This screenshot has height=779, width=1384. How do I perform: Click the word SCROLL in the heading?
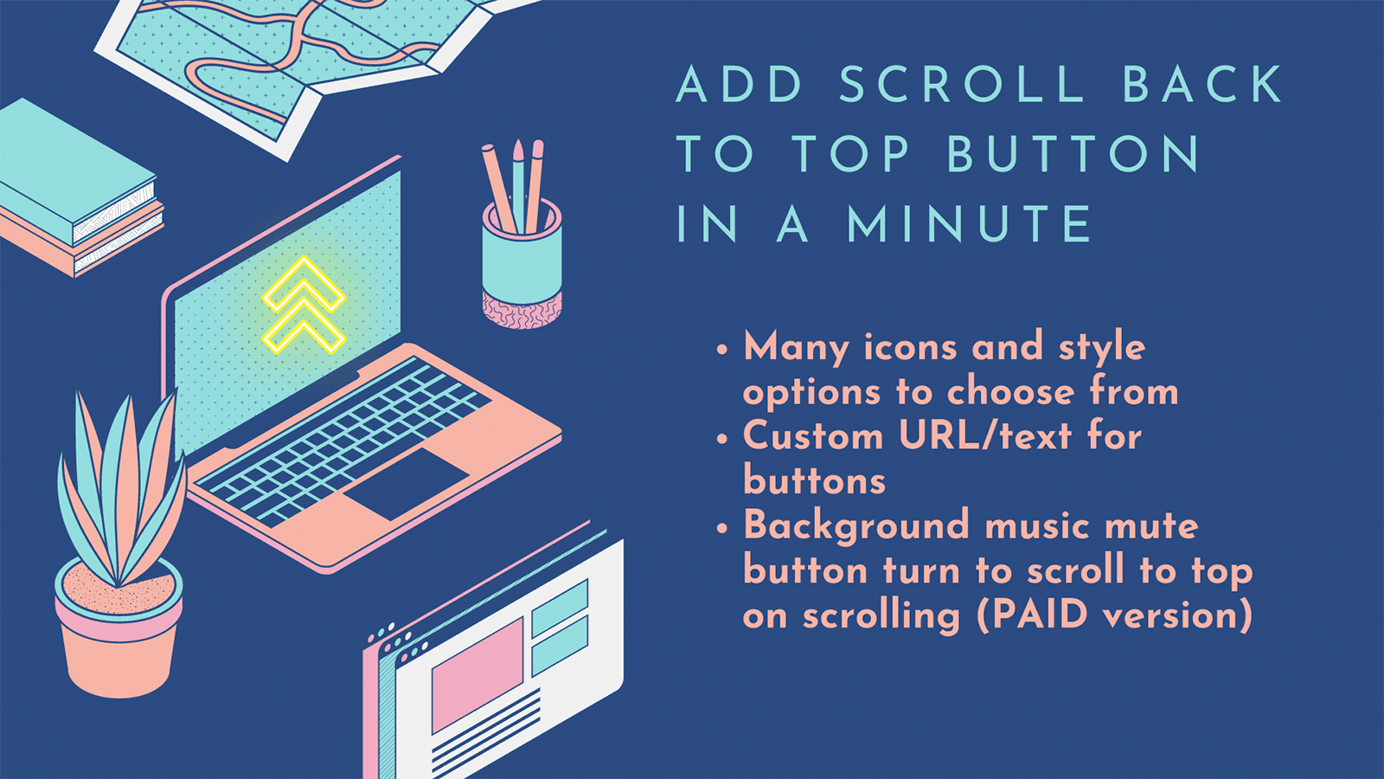[x=962, y=85]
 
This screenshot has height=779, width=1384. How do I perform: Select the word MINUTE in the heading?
[x=970, y=224]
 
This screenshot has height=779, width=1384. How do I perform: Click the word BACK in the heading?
[x=1202, y=85]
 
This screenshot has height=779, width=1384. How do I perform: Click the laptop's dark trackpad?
[x=407, y=483]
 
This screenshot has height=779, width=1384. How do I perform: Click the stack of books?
[x=78, y=190]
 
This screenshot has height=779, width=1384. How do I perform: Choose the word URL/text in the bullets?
[x=985, y=435]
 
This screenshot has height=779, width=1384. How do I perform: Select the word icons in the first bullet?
[x=911, y=347]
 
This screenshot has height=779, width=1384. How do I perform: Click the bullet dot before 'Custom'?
[x=723, y=439]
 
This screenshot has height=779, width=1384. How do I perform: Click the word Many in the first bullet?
[x=796, y=348]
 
